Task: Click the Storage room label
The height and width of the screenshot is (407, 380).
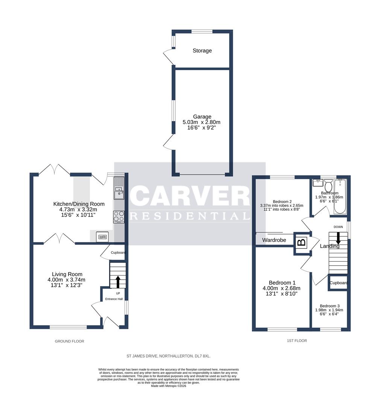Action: point(202,50)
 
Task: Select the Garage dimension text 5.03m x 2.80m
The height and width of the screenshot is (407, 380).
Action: point(201,122)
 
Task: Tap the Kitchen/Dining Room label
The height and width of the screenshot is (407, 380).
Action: point(79,204)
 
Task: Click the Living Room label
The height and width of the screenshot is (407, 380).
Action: point(67,274)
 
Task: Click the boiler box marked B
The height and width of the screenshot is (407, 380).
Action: point(301,242)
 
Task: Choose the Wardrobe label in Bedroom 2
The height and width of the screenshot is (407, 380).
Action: point(274,240)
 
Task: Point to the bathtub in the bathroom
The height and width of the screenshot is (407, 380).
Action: point(341,196)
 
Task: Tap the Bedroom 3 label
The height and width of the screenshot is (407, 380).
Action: point(330,306)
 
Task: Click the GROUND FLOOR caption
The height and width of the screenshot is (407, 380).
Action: point(70,341)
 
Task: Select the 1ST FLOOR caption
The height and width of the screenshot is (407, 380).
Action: point(297,340)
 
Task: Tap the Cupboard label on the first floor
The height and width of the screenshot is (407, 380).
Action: point(339,283)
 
